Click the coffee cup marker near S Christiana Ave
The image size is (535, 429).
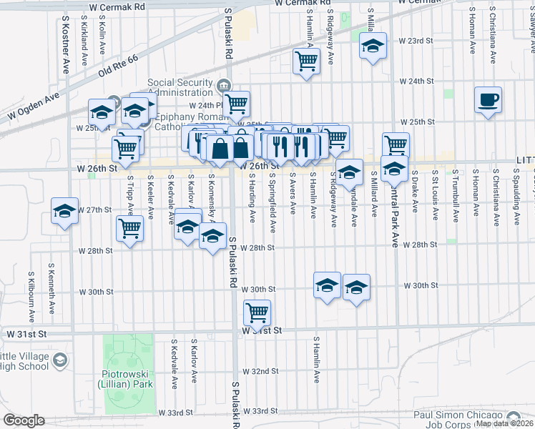tap(488, 100)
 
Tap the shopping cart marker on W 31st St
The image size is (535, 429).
tap(256, 312)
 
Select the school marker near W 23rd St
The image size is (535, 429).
tap(372, 47)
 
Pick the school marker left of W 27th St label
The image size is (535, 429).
tap(64, 212)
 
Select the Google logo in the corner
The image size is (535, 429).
tap(24, 420)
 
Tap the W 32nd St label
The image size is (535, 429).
tap(260, 371)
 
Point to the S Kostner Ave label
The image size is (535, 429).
tap(65, 43)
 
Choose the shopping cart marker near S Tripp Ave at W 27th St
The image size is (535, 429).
tap(129, 228)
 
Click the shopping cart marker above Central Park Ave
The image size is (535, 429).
tap(395, 144)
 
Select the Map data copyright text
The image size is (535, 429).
tap(504, 424)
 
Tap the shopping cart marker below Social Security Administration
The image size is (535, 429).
tap(236, 104)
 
